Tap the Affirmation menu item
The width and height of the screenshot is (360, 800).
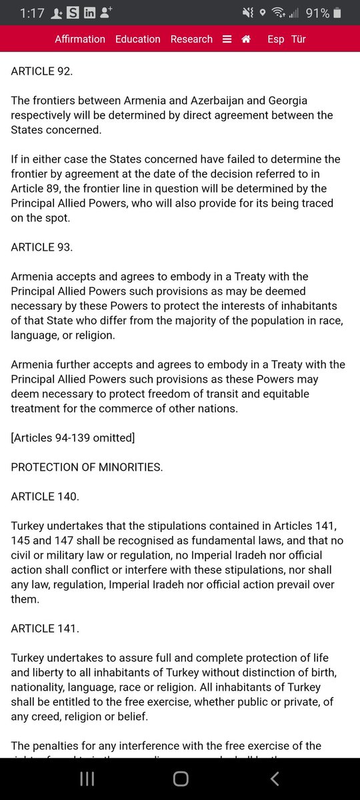pos(80,39)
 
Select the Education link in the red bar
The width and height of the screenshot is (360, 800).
pos(138,39)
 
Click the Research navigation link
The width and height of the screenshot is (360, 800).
pos(191,39)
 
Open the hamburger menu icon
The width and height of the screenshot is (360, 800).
pos(227,39)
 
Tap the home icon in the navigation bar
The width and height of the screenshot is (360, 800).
pos(246,39)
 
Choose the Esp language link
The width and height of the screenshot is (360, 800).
pos(275,39)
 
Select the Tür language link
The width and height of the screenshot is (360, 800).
pos(299,39)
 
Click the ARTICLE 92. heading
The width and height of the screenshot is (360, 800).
pos(42,71)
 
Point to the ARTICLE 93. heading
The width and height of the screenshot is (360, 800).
pos(42,247)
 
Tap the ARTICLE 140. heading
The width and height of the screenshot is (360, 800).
pos(45,497)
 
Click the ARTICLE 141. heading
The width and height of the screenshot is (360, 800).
pos(44,629)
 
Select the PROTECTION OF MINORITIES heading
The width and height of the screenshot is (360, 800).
pos(87,467)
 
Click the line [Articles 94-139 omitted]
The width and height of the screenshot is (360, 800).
pos(73,438)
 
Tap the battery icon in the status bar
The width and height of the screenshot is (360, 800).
pos(337,13)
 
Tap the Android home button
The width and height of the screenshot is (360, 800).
pos(181,779)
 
